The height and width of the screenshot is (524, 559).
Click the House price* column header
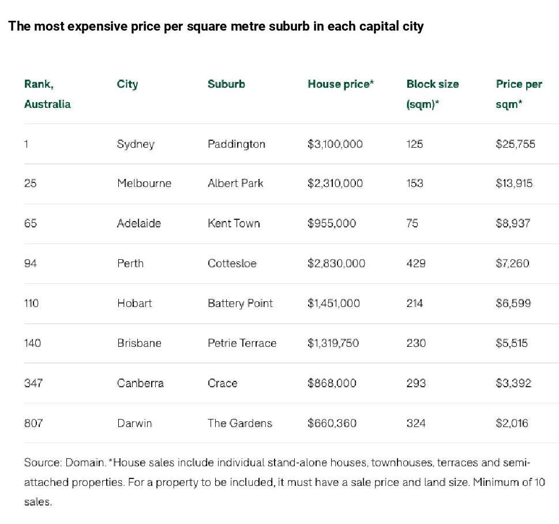point(341,84)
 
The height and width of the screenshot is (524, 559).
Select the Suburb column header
point(226,84)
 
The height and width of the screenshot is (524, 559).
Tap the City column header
point(127,84)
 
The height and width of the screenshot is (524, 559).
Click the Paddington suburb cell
point(237,144)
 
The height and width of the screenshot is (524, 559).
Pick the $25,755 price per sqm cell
point(515,144)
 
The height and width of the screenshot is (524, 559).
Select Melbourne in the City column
point(144,184)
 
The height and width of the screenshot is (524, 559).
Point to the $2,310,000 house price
point(335,184)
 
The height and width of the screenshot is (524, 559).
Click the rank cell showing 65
point(31,223)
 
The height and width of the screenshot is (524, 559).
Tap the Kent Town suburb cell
point(234,223)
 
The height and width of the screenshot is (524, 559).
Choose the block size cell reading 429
point(416,263)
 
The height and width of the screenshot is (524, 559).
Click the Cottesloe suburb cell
point(232,263)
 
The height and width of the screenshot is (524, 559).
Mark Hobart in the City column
point(134,304)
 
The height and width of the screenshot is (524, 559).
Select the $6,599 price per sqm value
point(513,304)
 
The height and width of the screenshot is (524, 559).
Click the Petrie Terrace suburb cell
point(242,343)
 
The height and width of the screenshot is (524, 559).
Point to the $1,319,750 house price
point(333,343)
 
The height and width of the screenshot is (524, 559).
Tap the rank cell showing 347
point(33,383)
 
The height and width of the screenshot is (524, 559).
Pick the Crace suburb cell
point(222,383)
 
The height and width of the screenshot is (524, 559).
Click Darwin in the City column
point(134,423)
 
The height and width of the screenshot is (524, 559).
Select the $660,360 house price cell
point(332,423)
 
